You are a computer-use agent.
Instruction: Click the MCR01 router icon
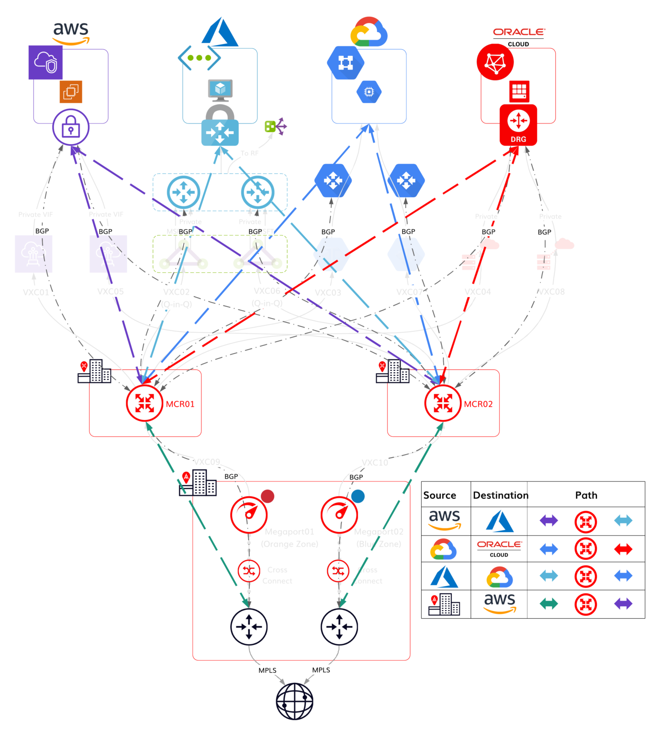tap(145, 403)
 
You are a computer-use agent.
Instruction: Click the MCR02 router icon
tap(443, 403)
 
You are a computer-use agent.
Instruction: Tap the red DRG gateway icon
tap(518, 125)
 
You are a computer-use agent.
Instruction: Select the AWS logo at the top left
tap(71, 33)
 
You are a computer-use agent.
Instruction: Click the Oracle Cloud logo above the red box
tap(519, 36)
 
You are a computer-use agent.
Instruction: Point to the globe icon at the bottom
tap(294, 701)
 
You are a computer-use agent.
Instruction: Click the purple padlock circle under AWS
tap(71, 127)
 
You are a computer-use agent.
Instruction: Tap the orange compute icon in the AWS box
tap(71, 91)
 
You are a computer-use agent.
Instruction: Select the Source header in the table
tap(439, 495)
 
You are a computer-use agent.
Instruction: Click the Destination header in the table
tap(500, 495)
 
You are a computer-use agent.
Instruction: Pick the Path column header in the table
tap(586, 495)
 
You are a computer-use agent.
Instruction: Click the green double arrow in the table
tap(548, 603)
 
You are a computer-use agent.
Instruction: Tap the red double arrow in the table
tap(623, 549)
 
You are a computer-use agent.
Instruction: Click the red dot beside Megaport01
tap(268, 496)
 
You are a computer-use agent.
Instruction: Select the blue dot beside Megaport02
tap(358, 496)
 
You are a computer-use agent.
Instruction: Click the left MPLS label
tap(267, 670)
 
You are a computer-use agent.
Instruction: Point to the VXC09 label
tap(207, 462)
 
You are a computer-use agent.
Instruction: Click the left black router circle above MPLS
tap(249, 626)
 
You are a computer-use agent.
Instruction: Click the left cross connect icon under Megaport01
tap(249, 570)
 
